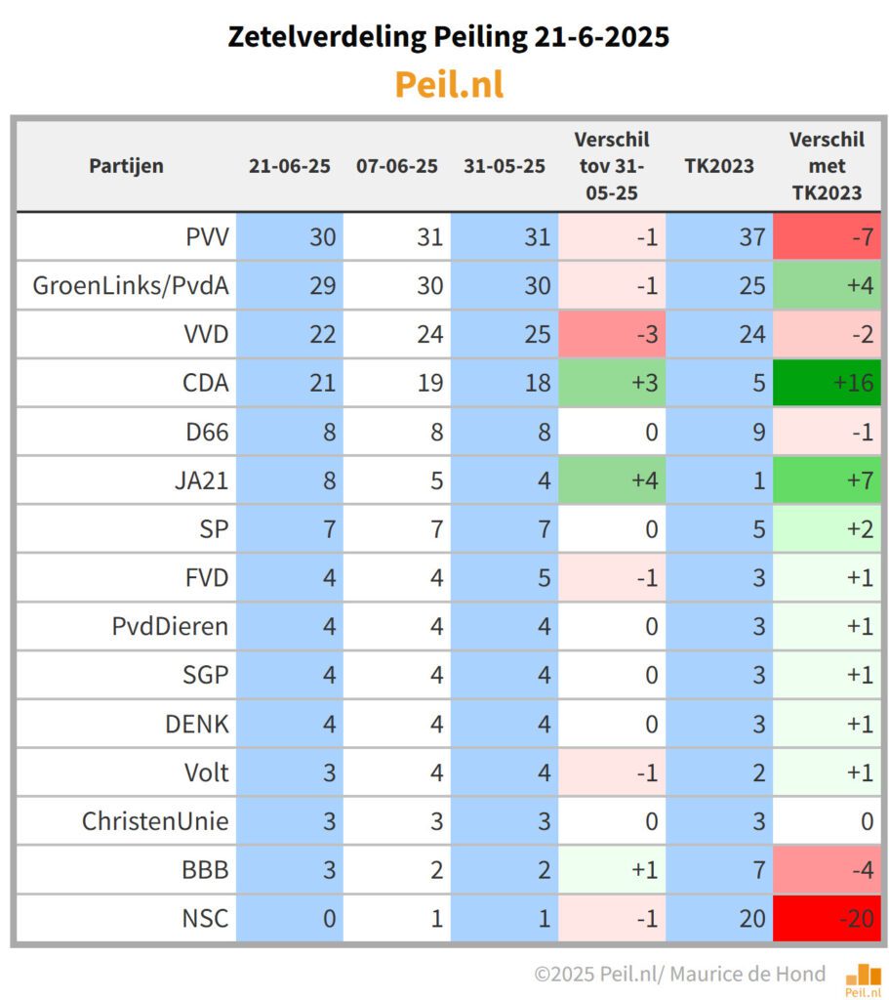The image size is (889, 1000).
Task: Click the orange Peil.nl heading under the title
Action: [449, 85]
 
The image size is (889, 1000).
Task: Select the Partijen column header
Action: [126, 165]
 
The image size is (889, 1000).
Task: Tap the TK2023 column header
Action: [718, 165]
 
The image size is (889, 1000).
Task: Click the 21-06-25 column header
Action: [290, 165]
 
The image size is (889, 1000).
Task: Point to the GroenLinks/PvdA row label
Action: [130, 285]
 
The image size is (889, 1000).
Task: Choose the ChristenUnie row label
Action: [155, 821]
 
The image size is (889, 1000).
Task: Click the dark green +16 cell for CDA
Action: [826, 383]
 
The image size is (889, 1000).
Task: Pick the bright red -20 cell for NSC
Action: [826, 919]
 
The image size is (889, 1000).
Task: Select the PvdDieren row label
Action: [170, 626]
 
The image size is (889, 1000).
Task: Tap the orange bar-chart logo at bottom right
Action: [863, 978]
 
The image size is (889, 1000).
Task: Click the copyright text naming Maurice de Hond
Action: [679, 974]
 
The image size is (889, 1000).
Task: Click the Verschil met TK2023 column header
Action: [826, 165]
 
